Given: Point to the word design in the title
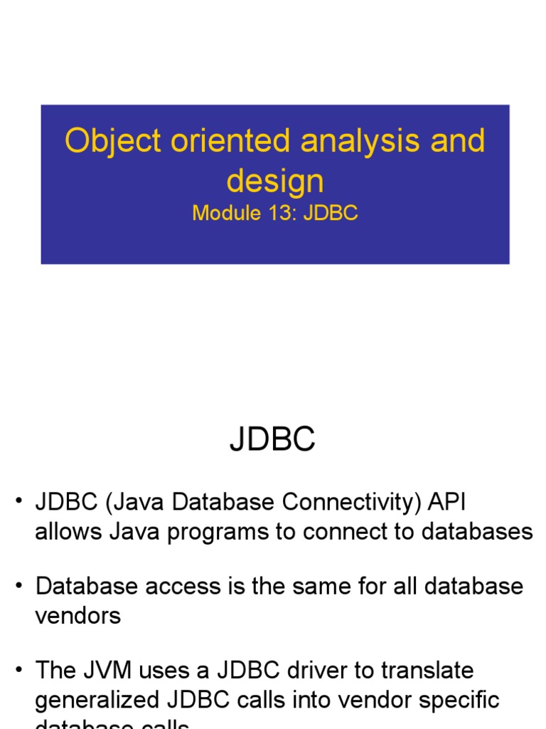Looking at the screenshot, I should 275,182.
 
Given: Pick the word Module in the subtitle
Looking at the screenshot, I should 225,214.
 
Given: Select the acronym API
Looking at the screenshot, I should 446,503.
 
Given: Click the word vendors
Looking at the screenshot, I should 78,615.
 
